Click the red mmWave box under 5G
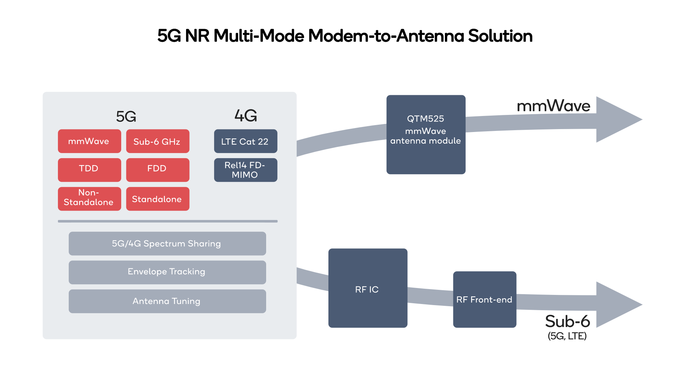point(89,141)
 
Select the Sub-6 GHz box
point(158,141)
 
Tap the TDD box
point(89,170)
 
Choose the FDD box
point(158,170)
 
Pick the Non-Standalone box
point(89,199)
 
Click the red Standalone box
point(158,199)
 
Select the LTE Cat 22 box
point(246,141)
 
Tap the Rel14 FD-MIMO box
point(246,170)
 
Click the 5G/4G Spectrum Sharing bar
point(167,244)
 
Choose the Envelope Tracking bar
point(167,272)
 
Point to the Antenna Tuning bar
point(167,301)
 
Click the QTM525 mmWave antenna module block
point(426,135)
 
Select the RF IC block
point(368,288)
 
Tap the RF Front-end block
point(485,299)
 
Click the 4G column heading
point(246,116)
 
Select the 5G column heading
point(126,117)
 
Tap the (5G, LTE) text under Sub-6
point(567,336)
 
